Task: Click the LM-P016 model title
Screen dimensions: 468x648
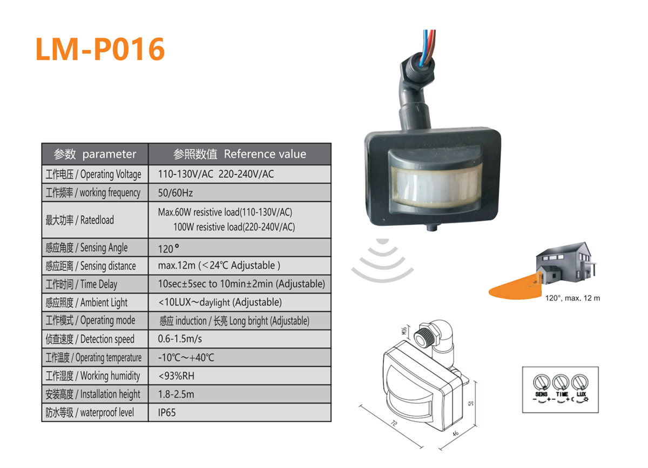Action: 100,49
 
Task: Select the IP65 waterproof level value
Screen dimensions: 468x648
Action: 167,412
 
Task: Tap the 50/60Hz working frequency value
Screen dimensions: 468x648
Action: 175,192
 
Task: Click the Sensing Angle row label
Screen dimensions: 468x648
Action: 87,248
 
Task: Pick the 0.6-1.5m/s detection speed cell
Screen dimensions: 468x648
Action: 180,339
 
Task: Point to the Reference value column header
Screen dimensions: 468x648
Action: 240,154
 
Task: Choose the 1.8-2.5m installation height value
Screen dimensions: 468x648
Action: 176,394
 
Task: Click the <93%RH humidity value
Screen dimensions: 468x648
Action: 176,376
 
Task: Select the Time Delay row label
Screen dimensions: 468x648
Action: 82,284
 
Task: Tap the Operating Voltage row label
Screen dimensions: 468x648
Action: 93,174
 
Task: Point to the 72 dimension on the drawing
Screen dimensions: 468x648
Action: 394,426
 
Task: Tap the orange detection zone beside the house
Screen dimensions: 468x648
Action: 514,290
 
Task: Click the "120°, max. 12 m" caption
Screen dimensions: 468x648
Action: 572,298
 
